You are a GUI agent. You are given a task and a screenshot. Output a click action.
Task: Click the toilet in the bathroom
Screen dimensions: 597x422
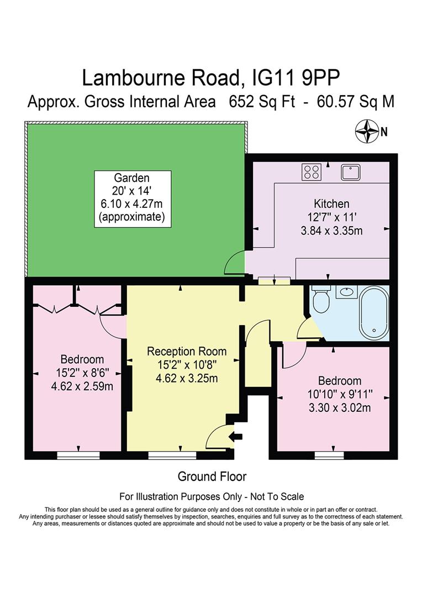pos(320,301)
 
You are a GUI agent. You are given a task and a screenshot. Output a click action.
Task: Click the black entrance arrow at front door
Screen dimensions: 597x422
pos(238,437)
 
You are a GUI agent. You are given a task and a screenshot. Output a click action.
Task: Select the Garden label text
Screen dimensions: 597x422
pos(131,178)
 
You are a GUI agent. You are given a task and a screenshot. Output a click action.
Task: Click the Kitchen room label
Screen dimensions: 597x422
pos(331,204)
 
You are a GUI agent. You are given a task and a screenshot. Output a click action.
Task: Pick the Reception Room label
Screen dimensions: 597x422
pos(187,351)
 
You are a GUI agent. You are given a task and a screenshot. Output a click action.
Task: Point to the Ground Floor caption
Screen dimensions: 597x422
pos(212,476)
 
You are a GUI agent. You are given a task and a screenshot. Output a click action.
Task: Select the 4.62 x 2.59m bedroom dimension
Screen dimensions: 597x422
pos(82,386)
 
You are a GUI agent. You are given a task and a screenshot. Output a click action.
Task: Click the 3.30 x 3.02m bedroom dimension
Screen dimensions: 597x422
pos(339,408)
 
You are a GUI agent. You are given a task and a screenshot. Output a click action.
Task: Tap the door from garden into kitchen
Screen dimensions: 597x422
pos(236,262)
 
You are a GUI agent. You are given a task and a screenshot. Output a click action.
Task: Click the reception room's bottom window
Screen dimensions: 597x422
pos(172,455)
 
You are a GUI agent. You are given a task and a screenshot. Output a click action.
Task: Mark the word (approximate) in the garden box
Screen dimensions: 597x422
pos(131,217)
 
